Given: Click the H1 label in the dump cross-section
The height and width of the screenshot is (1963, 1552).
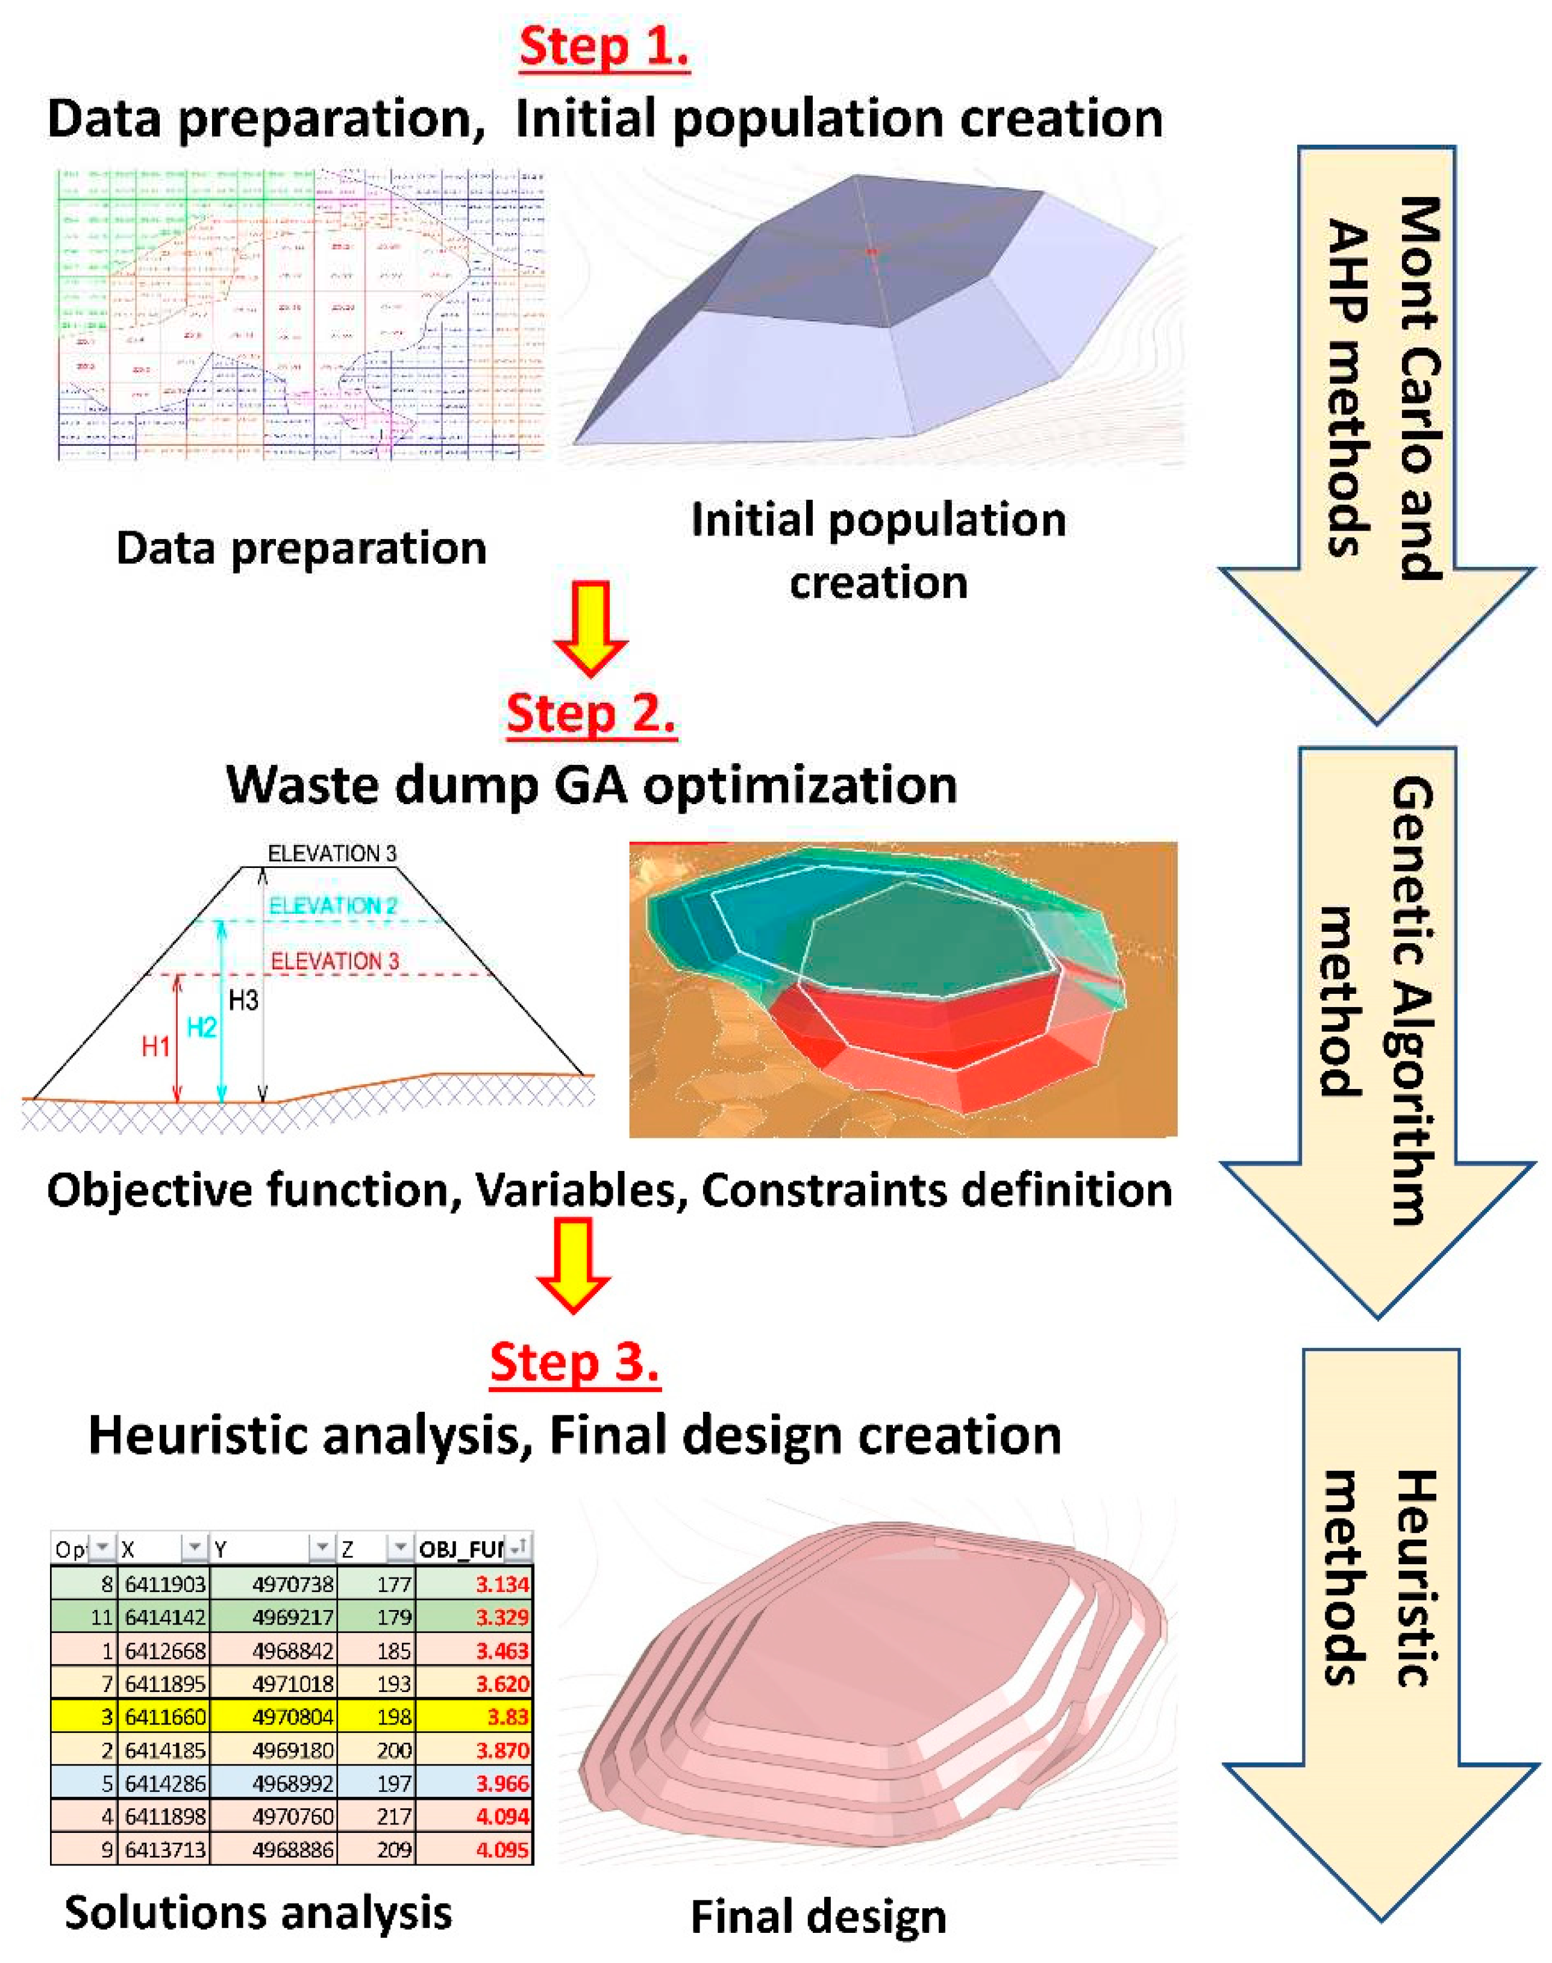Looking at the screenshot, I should coord(155,1046).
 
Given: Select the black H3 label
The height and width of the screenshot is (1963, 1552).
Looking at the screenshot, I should coord(243,1000).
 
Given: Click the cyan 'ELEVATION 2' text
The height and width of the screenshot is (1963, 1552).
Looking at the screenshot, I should coord(333,906).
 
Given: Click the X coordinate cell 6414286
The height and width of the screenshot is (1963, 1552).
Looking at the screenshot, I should coord(165,1783).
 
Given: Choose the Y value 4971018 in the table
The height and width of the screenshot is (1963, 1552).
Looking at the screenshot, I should coord(293,1684).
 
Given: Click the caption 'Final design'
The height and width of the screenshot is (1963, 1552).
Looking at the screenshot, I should coord(818,1917).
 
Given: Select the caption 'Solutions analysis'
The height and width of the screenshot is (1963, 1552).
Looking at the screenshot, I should coord(258,1912).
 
